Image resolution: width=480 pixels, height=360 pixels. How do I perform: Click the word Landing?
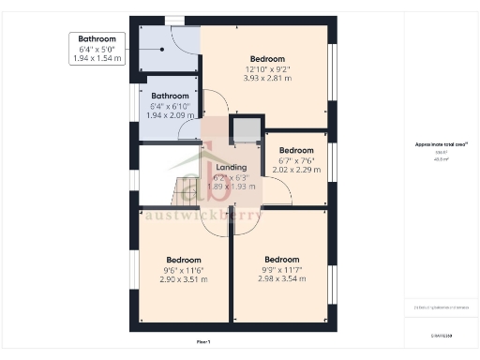[231, 167]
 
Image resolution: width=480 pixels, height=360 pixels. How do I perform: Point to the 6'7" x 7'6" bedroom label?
[296, 159]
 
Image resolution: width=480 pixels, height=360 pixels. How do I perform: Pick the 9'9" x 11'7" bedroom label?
[281, 269]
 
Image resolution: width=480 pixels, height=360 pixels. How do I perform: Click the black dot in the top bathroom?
[161, 51]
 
